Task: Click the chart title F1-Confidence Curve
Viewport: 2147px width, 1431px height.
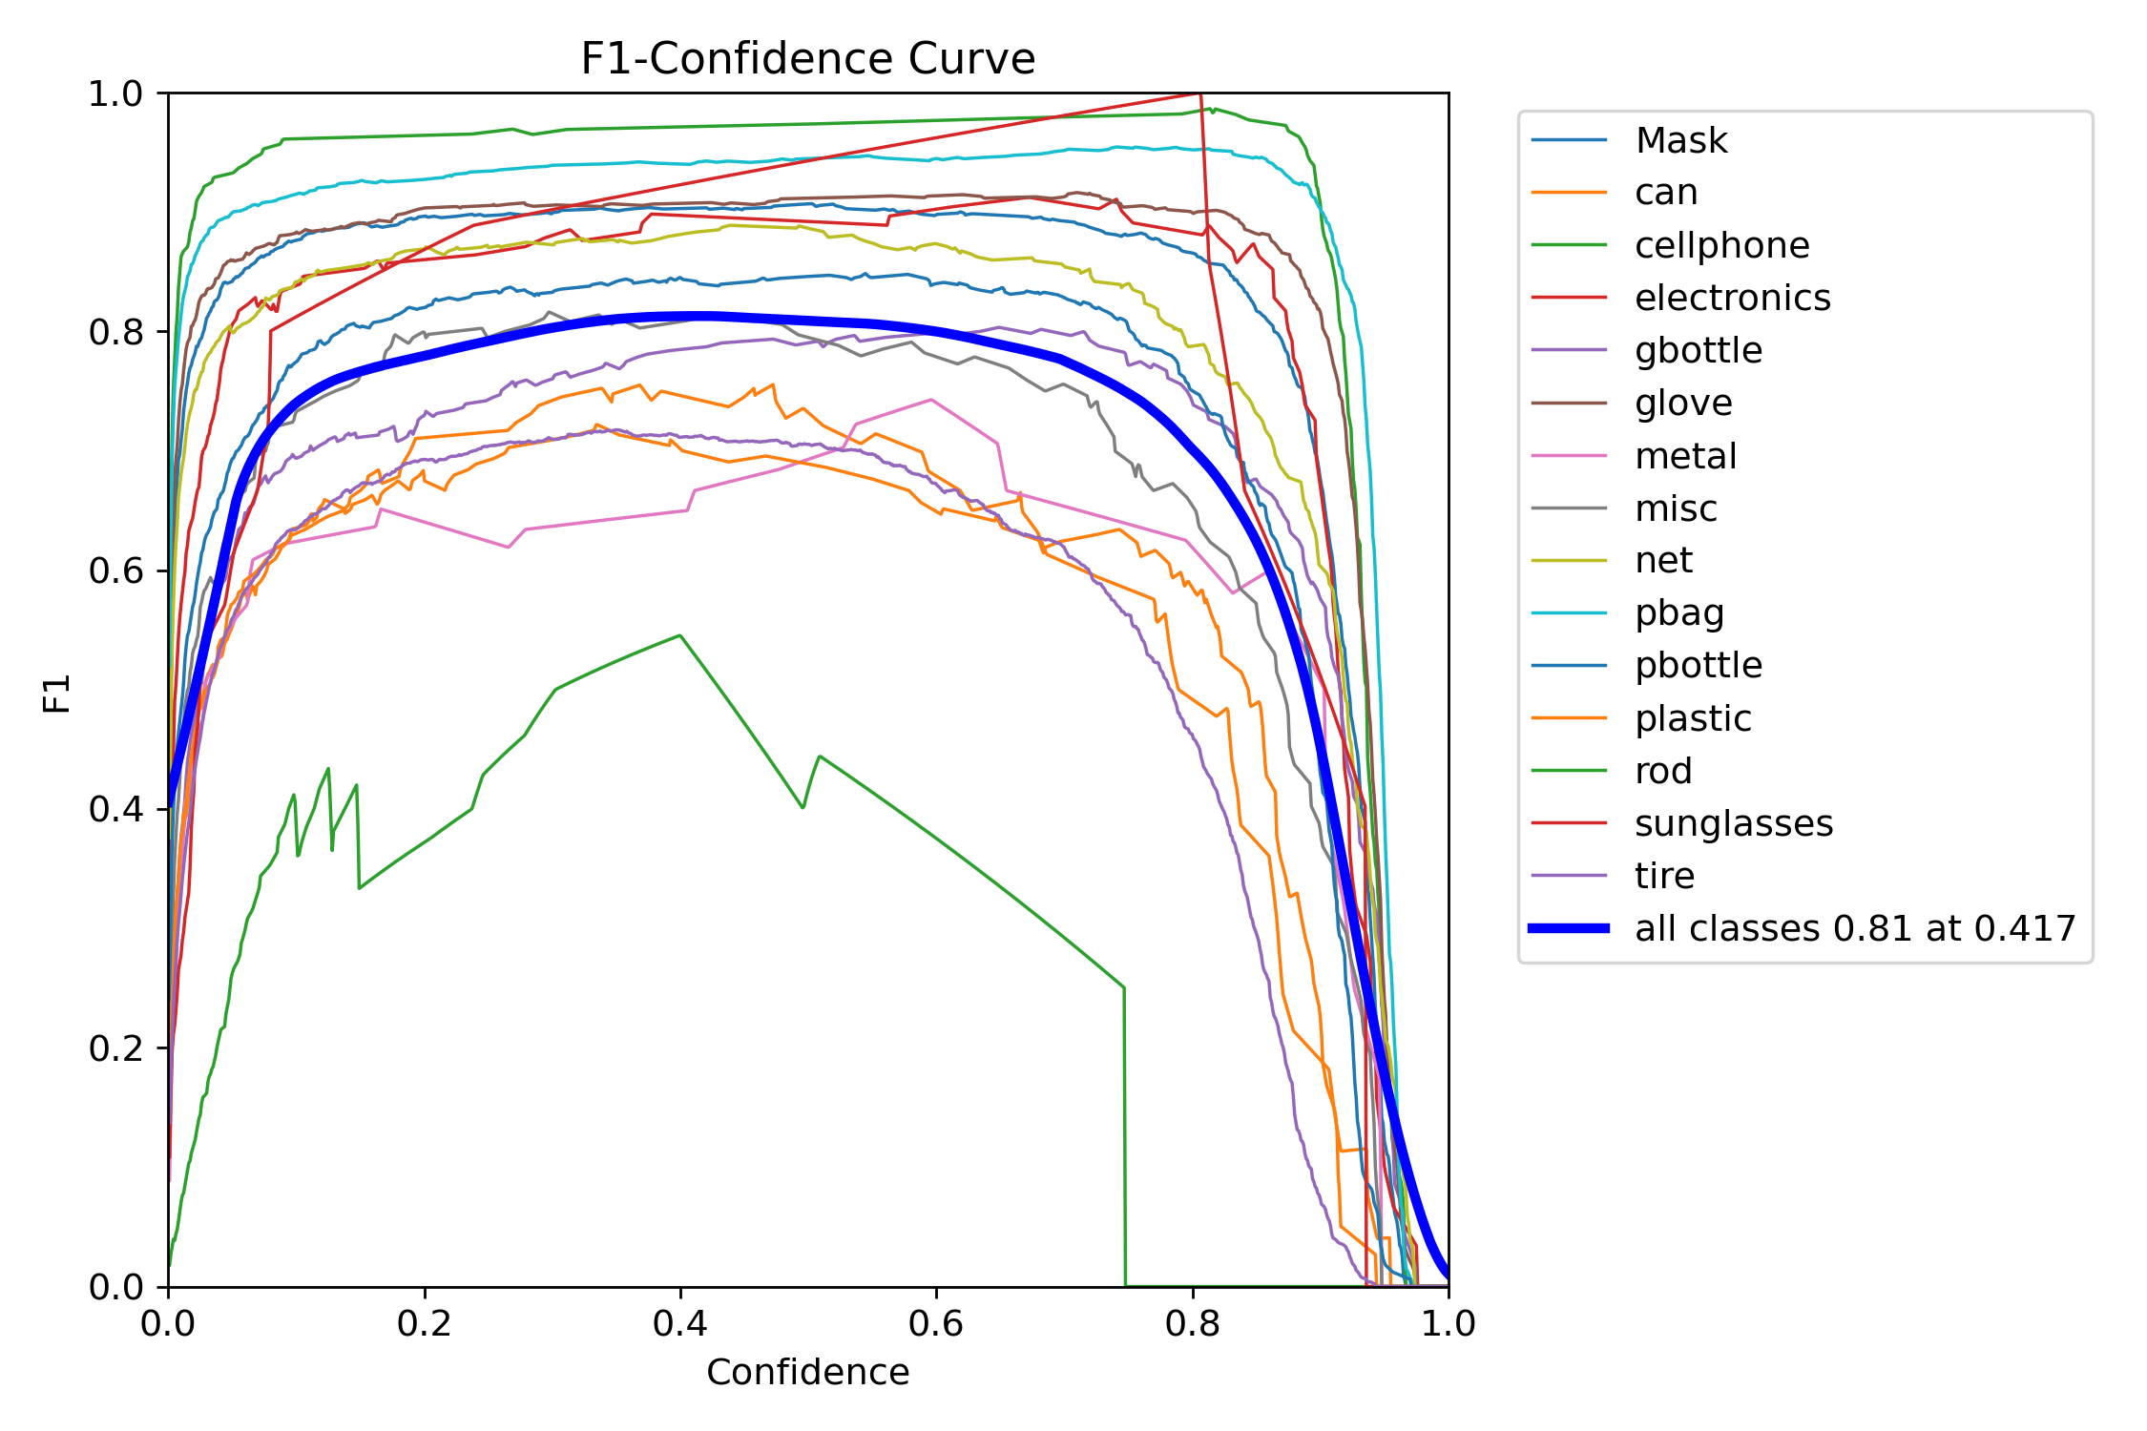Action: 807,59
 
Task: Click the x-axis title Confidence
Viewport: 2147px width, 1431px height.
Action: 807,1372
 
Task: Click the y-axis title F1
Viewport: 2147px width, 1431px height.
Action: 57,694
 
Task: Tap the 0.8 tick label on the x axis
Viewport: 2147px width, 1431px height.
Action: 1192,1323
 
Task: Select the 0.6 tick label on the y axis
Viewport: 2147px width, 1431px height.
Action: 115,571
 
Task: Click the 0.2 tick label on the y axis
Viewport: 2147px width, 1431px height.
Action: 115,1048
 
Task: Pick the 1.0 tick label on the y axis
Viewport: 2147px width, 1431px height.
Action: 115,94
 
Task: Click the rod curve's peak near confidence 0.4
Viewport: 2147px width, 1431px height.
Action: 679,636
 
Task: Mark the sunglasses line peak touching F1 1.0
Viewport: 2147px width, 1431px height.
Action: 1199,94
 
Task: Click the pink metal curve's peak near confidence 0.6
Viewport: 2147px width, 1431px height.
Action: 931,400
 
